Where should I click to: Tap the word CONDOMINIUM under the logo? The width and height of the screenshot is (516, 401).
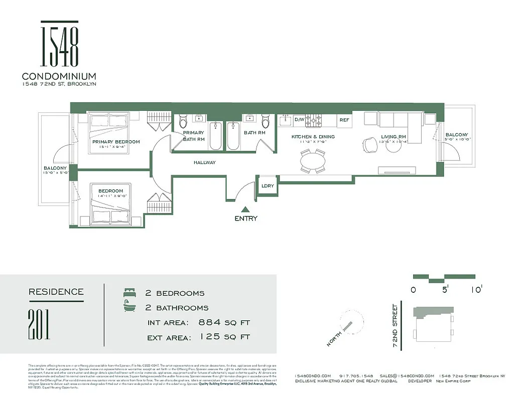pos(59,76)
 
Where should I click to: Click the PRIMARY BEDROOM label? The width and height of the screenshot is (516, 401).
pos(116,142)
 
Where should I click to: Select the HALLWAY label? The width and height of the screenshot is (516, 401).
pos(204,162)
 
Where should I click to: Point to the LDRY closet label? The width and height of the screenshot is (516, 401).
pos(268,186)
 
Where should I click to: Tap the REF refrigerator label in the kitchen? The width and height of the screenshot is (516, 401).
pos(344,120)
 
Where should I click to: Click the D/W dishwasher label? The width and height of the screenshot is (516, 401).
pos(299,120)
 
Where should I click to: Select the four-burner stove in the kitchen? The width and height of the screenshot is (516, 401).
pos(315,120)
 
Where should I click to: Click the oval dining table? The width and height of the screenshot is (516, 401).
pos(313,161)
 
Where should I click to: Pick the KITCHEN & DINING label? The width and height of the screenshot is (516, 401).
pos(313,136)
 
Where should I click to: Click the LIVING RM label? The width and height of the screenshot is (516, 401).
pos(393,136)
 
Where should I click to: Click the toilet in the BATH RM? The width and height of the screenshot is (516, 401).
pos(266,121)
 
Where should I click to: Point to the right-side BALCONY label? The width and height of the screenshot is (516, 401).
pos(457,135)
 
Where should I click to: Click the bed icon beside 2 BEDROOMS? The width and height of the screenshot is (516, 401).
pos(130,292)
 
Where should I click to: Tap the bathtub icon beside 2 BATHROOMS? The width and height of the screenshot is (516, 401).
pos(130,307)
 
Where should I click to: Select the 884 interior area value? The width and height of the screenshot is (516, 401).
pos(210,322)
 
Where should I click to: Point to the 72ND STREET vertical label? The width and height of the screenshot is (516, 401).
pos(396,326)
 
